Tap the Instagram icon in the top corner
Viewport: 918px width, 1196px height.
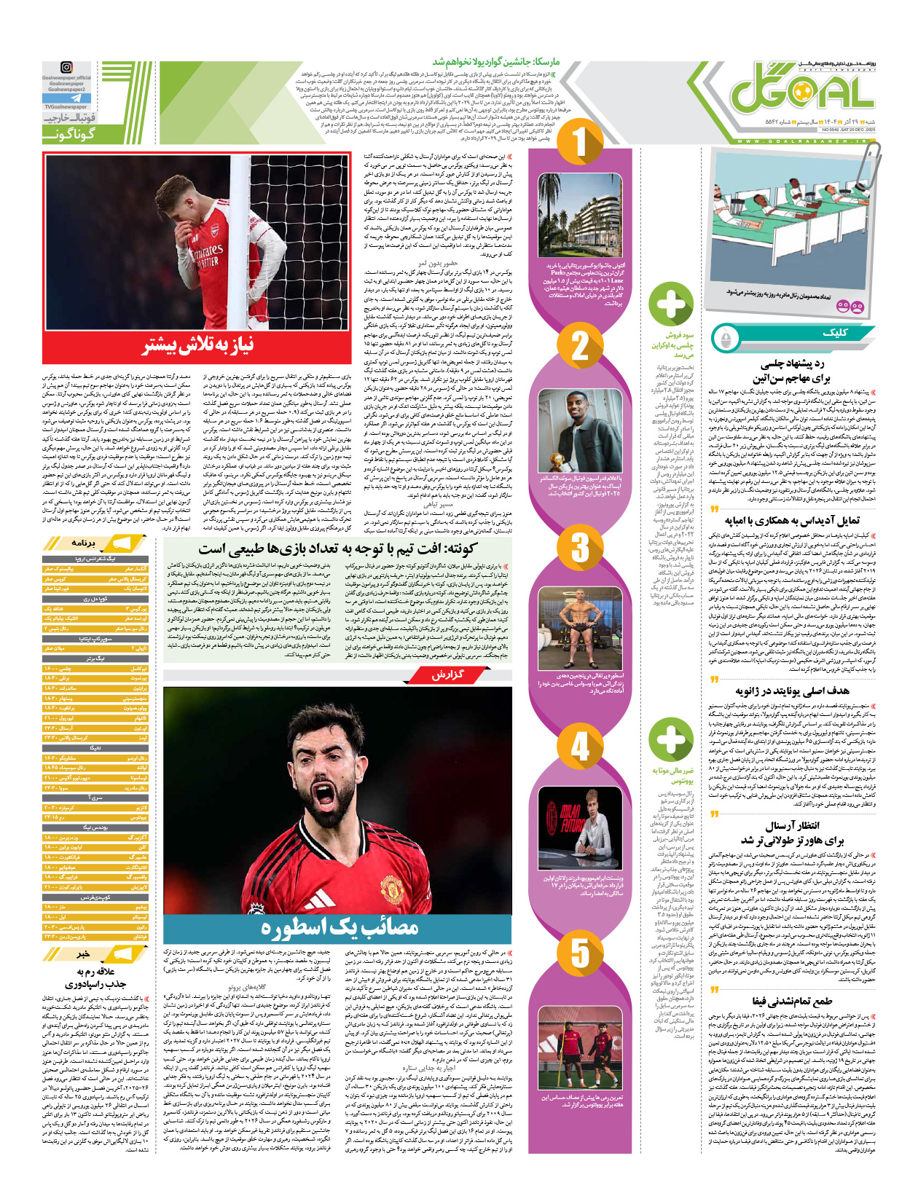pyautogui.click(x=67, y=68)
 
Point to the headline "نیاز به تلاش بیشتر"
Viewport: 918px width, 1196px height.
pyautogui.click(x=197, y=345)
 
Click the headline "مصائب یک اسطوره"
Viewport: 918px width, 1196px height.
pyautogui.click(x=340, y=927)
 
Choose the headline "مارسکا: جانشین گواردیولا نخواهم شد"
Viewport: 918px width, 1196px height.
pyautogui.click(x=496, y=63)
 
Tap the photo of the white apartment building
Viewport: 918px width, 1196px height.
pyautogui.click(x=580, y=216)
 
